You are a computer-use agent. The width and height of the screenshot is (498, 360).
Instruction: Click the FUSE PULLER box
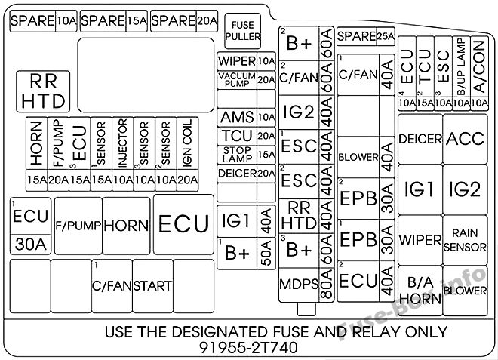[243, 31]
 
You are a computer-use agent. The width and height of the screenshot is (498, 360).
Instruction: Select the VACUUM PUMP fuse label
[237, 80]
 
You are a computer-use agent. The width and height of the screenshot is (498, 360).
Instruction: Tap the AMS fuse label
[237, 117]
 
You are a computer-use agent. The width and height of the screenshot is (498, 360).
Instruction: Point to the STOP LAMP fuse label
[237, 155]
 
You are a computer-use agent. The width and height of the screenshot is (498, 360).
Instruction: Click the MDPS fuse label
[299, 285]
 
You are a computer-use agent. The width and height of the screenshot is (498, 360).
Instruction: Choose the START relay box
[152, 286]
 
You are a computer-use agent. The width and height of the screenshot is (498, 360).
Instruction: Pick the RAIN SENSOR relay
[465, 240]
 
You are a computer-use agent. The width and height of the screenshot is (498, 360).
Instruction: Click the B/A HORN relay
[420, 291]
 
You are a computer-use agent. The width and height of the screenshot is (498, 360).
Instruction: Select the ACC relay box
[465, 139]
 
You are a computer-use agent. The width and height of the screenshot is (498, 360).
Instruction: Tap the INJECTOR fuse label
[122, 143]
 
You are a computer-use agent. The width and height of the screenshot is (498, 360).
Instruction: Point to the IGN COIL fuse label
[187, 143]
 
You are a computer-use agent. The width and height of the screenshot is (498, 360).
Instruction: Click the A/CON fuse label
[479, 66]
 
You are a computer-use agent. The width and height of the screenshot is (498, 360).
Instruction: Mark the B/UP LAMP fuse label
[461, 66]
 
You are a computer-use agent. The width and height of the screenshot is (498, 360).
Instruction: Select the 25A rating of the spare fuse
[386, 36]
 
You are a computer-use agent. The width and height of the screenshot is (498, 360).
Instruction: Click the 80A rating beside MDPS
[326, 285]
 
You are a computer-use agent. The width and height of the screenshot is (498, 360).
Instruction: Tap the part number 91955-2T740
[249, 347]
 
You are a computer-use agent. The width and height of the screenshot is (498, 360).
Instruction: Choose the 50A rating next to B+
[266, 253]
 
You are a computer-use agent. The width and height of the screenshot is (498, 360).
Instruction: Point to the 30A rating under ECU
[30, 245]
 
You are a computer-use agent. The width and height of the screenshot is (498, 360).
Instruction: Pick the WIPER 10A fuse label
[246, 61]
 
